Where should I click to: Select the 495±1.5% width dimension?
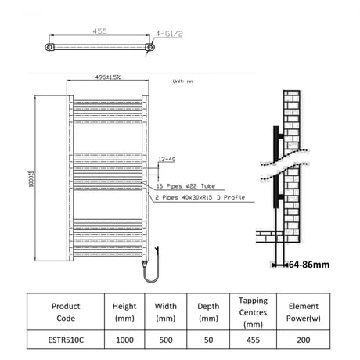click(x=108, y=77)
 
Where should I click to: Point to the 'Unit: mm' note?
click(x=182, y=81)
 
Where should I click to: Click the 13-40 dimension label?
click(x=167, y=159)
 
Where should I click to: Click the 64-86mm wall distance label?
click(x=307, y=265)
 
